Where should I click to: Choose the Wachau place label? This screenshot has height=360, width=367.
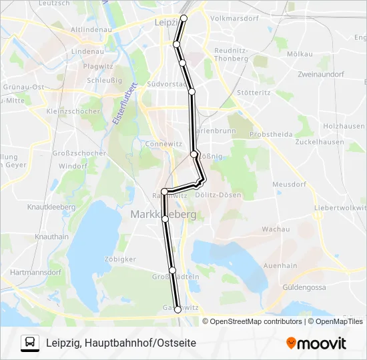coord(276,229)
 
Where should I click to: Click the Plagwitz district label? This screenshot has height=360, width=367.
coord(98,66)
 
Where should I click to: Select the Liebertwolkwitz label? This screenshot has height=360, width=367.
coord(340,208)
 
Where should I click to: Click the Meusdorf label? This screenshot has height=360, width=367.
coord(288,185)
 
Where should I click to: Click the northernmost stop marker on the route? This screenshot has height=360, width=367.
coord(185,18)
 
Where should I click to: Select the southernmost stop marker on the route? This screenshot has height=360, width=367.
coord(177,309)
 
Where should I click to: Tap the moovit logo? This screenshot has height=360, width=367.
coord(316,343)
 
